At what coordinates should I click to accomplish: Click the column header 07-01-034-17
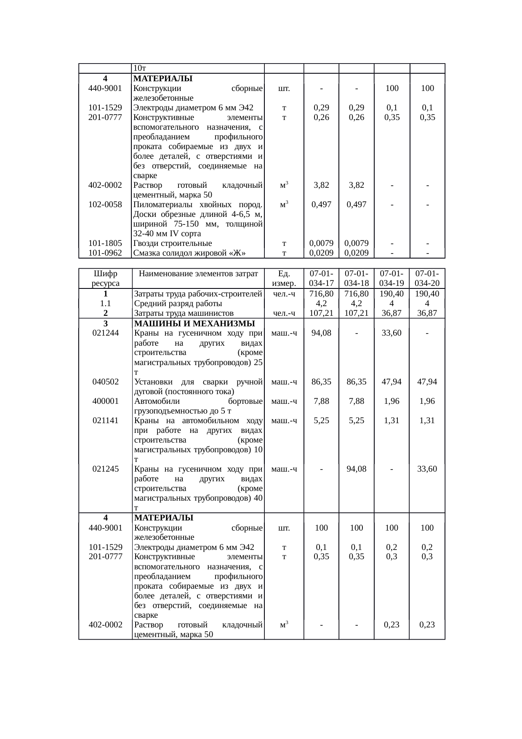point(321,278)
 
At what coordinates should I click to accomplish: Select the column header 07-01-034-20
point(427,278)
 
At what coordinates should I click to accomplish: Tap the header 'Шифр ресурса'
point(105,278)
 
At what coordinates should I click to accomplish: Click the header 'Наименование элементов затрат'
point(198,274)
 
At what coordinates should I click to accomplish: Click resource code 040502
point(105,382)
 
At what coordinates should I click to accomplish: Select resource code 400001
point(105,401)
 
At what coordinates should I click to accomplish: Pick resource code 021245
point(105,469)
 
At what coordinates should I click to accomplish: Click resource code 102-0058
point(105,205)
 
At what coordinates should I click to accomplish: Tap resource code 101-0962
point(105,253)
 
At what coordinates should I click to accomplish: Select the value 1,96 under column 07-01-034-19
point(391,401)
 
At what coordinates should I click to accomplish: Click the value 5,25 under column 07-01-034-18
point(356,420)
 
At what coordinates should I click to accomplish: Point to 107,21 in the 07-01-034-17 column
point(321,313)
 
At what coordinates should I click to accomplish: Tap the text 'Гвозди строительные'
point(173,243)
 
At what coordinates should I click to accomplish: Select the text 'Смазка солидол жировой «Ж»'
point(189,253)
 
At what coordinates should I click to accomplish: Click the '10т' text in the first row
point(139,68)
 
